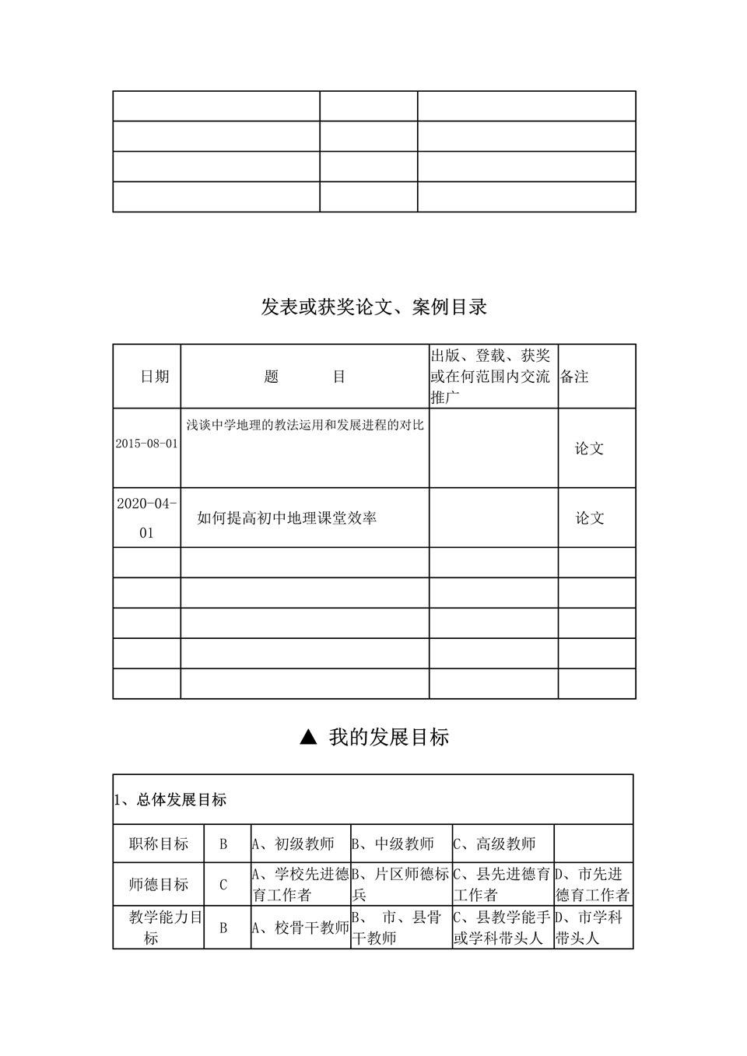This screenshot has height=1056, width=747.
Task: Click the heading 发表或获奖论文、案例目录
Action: click(373, 307)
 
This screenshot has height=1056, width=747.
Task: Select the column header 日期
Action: click(154, 377)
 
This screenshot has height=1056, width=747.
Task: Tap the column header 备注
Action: click(574, 377)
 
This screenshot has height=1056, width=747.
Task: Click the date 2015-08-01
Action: click(146, 444)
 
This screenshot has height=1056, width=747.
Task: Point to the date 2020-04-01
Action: click(146, 517)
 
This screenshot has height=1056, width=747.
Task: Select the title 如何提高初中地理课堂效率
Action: click(286, 518)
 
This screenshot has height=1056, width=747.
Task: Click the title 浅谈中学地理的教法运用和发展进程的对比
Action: click(305, 426)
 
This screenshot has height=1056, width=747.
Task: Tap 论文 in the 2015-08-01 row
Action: click(589, 449)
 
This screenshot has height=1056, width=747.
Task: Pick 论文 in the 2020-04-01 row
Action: click(589, 518)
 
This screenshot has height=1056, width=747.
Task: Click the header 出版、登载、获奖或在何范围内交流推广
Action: click(493, 377)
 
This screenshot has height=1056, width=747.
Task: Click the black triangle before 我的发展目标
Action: click(308, 737)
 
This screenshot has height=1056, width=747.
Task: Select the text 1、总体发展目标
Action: click(170, 800)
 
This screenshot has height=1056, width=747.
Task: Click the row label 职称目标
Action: click(159, 844)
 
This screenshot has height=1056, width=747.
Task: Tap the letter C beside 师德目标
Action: click(223, 885)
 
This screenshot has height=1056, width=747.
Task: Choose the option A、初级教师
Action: click(293, 844)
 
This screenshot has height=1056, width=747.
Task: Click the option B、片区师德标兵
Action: click(401, 884)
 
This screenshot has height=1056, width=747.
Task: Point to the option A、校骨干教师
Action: click(300, 928)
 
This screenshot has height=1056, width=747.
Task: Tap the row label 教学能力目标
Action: click(159, 928)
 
